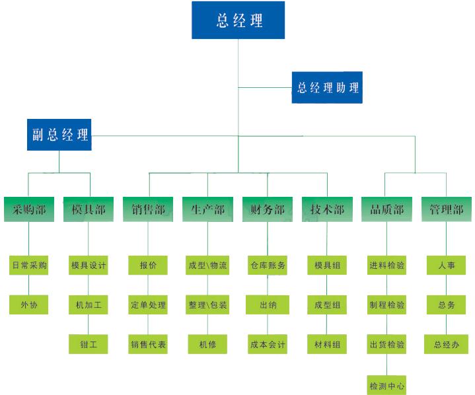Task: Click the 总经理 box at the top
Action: [238, 20]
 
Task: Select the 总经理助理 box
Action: [327, 87]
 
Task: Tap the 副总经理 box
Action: [59, 135]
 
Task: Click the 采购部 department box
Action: [29, 209]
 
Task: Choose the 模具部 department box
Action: [89, 209]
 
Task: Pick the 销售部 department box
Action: [149, 209]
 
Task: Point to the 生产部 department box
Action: [207, 209]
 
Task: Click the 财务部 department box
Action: [268, 209]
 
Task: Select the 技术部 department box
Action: [327, 209]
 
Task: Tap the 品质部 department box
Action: [386, 209]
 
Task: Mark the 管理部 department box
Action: [446, 209]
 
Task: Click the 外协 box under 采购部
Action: [29, 305]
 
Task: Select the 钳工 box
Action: [89, 343]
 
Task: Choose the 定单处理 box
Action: [149, 305]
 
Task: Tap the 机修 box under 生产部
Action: [207, 343]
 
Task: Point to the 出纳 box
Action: [268, 305]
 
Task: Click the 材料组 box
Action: [327, 343]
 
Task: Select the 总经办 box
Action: [446, 343]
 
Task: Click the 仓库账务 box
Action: [268, 266]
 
